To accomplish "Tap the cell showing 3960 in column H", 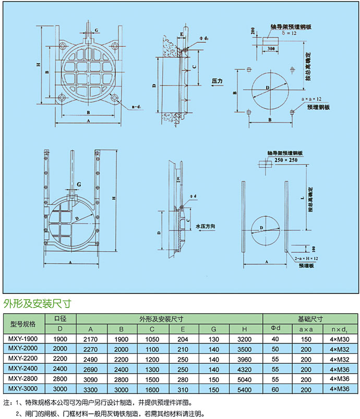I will (x=244, y=359).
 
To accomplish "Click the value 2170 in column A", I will (x=91, y=339).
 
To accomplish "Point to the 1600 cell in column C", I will (x=153, y=389).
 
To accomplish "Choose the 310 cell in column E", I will (x=182, y=389).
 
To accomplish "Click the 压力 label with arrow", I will (x=218, y=82).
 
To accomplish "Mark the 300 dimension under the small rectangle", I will (x=271, y=48).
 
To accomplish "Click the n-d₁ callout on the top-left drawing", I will (x=138, y=106).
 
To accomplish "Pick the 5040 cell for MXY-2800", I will (x=244, y=379).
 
